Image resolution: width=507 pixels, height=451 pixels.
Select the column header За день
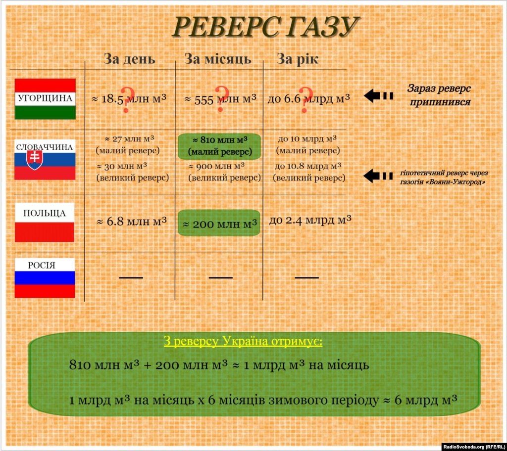point(129,59)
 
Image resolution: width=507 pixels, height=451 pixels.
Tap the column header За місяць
point(218,59)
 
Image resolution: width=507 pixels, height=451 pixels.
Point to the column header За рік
point(298,59)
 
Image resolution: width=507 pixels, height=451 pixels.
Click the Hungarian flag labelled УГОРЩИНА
point(45,99)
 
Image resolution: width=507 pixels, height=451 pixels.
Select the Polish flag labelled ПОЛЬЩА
point(45,222)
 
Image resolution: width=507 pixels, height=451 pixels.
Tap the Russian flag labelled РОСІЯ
point(45,278)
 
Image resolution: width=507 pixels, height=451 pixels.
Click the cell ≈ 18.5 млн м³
point(129,98)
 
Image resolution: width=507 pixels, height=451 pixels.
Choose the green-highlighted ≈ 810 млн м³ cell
point(219,146)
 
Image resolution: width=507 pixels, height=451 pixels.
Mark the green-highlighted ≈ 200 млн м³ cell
point(219,223)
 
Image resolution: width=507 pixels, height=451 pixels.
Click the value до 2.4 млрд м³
point(310,221)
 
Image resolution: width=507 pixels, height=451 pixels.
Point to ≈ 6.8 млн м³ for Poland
point(132,222)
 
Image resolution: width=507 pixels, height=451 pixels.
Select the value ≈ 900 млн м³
point(217,166)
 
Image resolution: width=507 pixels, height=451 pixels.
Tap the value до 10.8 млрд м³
point(308,166)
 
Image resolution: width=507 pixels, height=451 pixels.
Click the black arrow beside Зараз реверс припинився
point(378,95)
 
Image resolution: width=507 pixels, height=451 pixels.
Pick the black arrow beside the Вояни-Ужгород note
point(378,176)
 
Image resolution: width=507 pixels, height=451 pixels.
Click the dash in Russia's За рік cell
point(307,277)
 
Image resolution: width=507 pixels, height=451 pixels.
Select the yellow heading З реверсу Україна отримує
point(243,342)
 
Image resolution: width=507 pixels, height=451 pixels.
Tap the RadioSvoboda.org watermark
point(473,447)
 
